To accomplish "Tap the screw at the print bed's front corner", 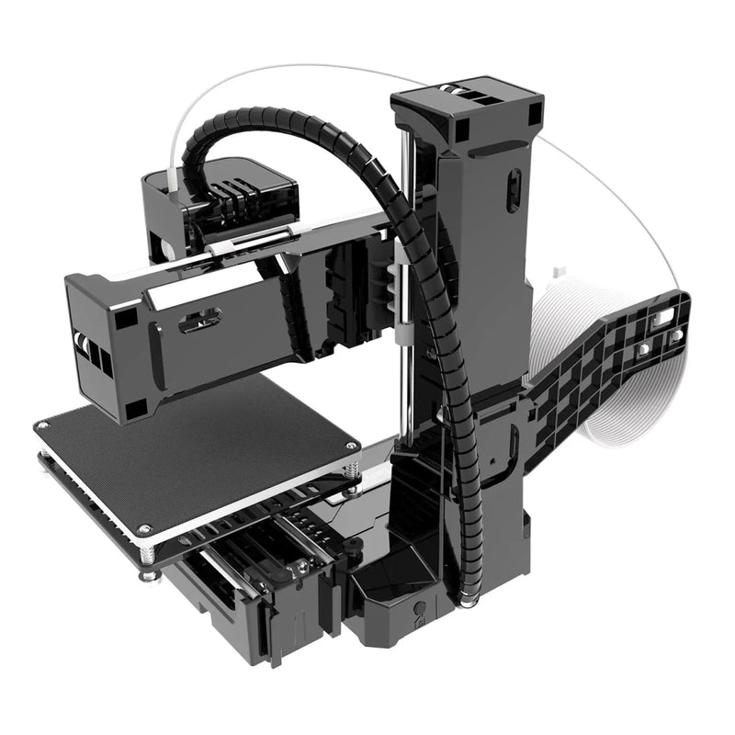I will coord(145,530).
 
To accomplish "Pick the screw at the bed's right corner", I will coord(350,447).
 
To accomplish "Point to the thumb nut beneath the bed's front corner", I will coord(148,576).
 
